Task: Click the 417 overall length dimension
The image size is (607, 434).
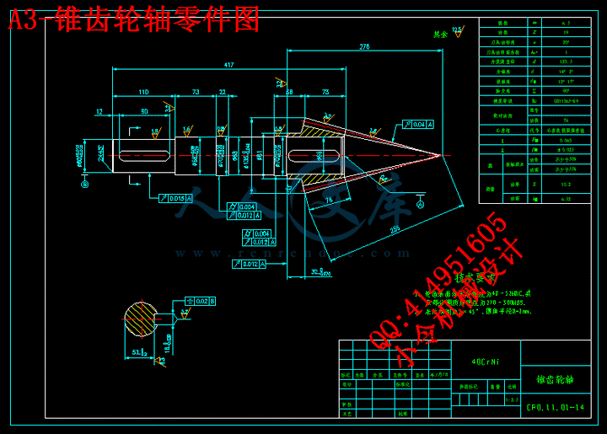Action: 228,64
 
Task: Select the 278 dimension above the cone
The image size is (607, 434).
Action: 364,46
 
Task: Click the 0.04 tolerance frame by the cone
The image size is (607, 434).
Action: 422,125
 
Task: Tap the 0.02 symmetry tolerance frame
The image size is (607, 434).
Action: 200,300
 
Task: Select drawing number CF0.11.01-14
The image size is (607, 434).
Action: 553,409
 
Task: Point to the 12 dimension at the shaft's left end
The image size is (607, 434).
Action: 99,110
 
